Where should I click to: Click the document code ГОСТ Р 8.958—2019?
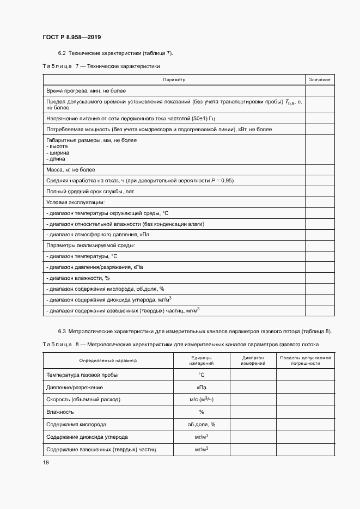[71, 37]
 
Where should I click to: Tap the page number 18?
[45, 462]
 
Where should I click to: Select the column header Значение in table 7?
[320, 80]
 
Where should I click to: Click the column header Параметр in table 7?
[174, 80]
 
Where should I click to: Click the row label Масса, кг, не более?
[71, 170]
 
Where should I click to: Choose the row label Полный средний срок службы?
[90, 192]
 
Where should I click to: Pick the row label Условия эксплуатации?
[75, 203]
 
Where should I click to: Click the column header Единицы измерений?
[201, 360]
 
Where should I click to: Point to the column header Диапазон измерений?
[253, 360]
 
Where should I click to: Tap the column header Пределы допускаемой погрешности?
[305, 360]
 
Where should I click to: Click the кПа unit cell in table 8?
[201, 387]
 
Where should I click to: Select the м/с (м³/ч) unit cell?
[201, 399]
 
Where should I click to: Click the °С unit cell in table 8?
[201, 375]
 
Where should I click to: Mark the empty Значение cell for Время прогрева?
[320, 91]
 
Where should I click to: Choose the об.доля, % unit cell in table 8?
[201, 424]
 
